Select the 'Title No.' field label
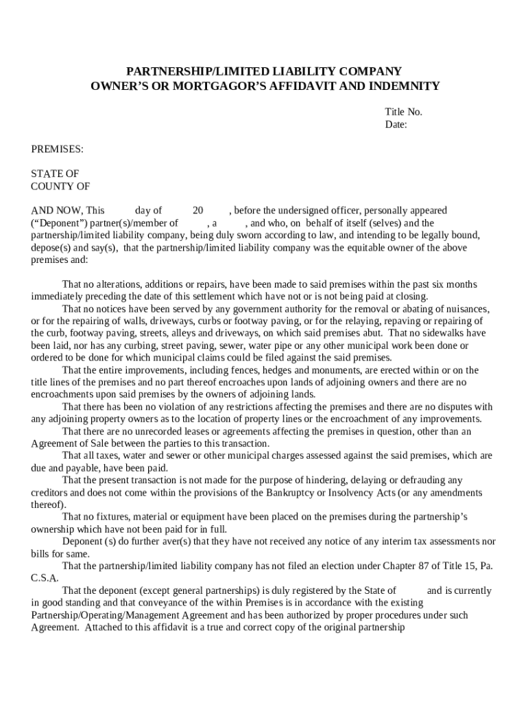pos(403,112)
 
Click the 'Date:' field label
pos(396,124)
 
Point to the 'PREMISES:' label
pos(57,149)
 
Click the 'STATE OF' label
pos(55,174)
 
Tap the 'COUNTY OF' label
pos(60,186)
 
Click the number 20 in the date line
pos(197,211)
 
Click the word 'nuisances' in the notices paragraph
pos(468,309)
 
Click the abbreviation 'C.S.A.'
pos(45,578)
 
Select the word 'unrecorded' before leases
pos(160,431)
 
